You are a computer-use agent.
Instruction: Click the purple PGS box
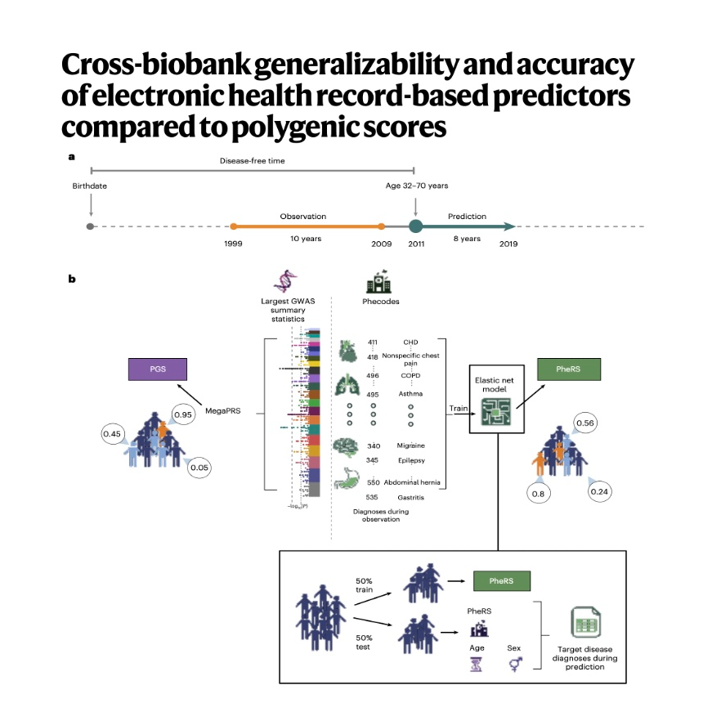[157, 369]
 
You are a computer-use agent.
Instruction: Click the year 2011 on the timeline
[415, 244]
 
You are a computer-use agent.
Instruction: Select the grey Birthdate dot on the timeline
[90, 226]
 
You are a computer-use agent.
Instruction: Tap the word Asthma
[410, 393]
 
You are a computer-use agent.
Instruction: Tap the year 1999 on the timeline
[233, 244]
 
